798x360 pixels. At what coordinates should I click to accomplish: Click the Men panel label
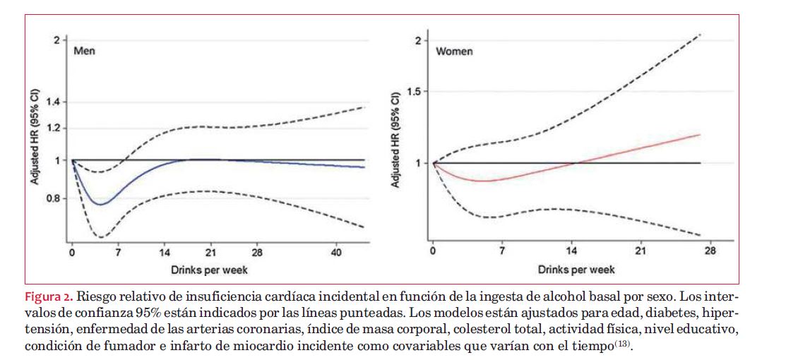pos(85,51)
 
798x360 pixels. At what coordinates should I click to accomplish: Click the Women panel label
pos(454,52)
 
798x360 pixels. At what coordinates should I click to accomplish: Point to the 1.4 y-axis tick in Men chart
pos(52,102)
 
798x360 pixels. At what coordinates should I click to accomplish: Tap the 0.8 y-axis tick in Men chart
pos(52,198)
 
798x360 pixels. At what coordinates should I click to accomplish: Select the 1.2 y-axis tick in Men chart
pos(52,128)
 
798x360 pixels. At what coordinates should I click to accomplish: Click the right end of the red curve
pos(699,134)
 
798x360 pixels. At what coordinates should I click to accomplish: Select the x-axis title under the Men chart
pos(209,270)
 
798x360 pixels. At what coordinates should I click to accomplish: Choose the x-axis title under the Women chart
pos(576,270)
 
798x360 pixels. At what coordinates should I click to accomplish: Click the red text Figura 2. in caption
pos(49,294)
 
